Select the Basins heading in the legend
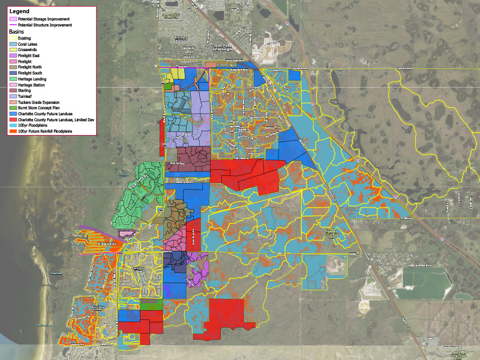pos(16,31)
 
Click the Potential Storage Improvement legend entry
pos(44,20)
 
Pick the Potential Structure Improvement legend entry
pos(44,25)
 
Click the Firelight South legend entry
pos(31,73)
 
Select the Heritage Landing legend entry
pos(32,79)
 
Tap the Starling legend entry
pos(25,90)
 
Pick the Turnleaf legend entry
pos(25,96)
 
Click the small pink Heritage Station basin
pos(127,233)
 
